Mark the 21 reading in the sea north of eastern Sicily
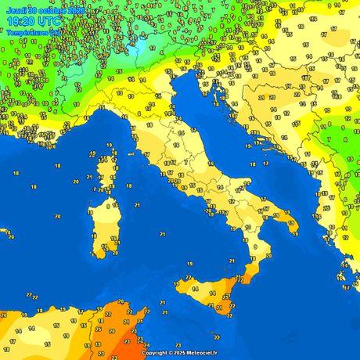coord(232,261)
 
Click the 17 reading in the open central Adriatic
coord(253,164)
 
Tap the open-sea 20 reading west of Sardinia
coord(76,180)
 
